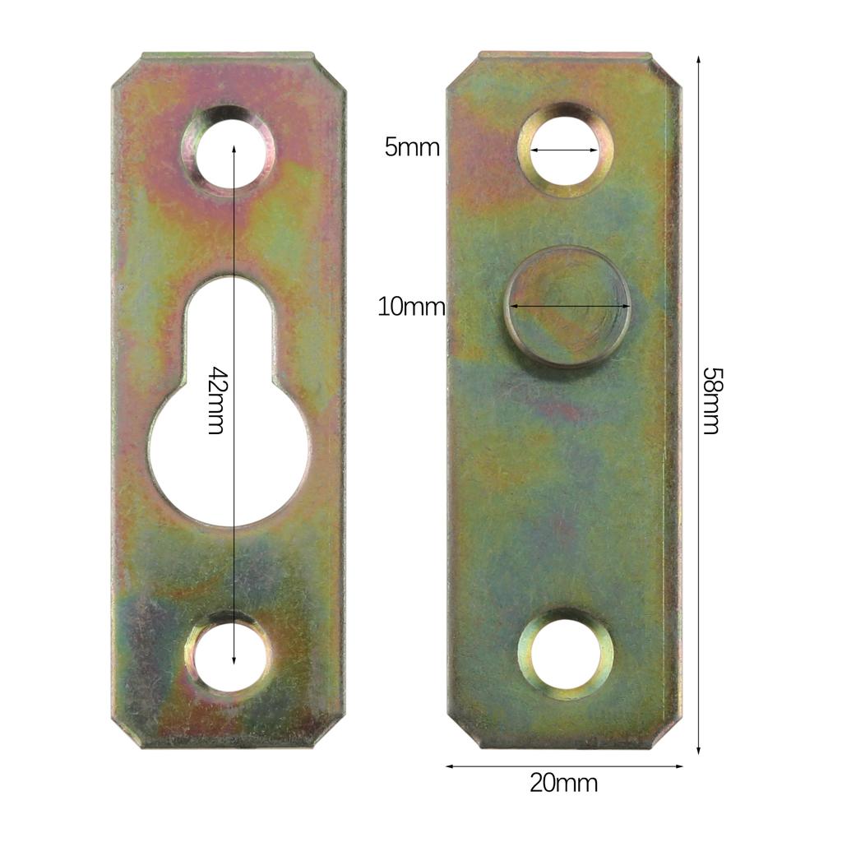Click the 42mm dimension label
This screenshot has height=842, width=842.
215,400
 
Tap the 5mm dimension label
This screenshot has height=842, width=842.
412,147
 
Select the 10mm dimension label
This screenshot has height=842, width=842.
411,308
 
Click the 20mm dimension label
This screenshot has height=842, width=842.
563,783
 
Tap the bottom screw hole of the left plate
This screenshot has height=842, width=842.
229,655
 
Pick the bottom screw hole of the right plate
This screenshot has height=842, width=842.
565,655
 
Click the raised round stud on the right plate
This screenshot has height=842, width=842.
567,307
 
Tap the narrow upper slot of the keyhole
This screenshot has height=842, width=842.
228,329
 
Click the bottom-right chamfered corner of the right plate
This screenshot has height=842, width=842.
667,734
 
